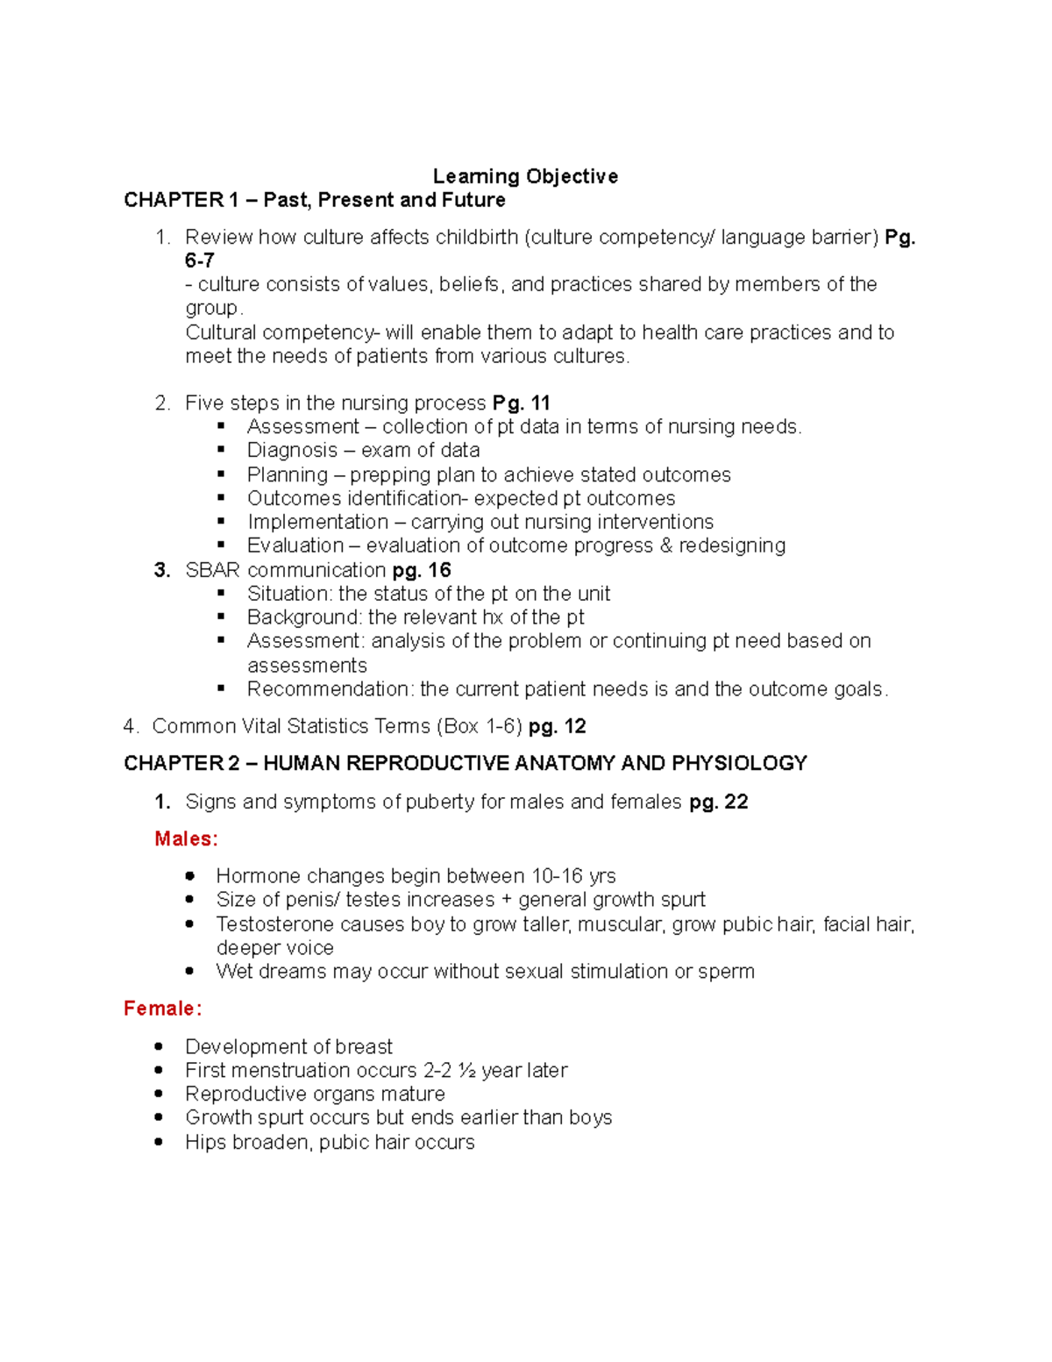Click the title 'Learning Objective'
(x=525, y=176)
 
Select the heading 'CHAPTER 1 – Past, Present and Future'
(x=315, y=200)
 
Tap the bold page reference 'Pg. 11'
(x=521, y=403)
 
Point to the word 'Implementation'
(x=317, y=522)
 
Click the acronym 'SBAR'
(x=212, y=570)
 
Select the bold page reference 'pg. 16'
(x=422, y=570)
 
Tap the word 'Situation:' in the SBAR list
(x=289, y=594)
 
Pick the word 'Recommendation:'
(x=331, y=689)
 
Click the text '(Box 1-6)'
(x=480, y=726)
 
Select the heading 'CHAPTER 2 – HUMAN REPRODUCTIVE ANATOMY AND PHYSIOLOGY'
(x=466, y=763)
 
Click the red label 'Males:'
(x=186, y=839)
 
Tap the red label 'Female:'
(x=163, y=1009)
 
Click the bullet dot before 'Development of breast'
(x=159, y=1046)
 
